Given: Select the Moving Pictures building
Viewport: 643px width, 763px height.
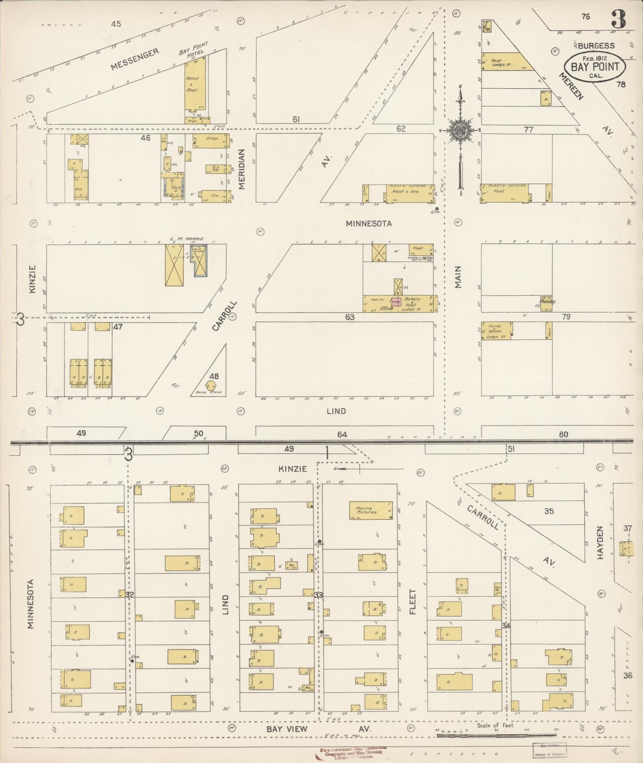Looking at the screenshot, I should click(x=370, y=511).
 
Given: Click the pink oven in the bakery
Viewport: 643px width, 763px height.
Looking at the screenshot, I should click(x=395, y=302).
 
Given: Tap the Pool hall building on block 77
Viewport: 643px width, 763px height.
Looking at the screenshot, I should click(x=505, y=193).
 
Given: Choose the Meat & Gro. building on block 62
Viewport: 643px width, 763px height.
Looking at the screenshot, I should click(x=409, y=193).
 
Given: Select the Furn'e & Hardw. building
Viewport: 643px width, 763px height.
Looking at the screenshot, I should click(x=497, y=331).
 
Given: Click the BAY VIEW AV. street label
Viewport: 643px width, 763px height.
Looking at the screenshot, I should click(x=319, y=729).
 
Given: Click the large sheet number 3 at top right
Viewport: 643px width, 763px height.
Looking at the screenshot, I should click(x=618, y=19).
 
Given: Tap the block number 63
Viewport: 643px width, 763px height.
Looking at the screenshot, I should click(x=350, y=317).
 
